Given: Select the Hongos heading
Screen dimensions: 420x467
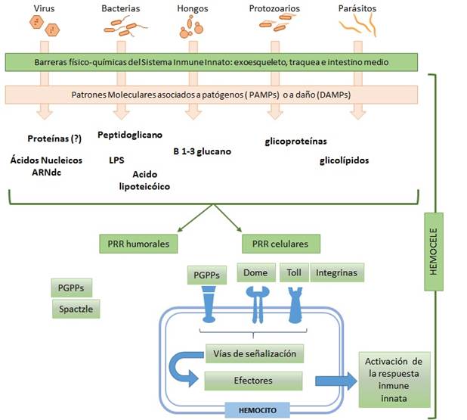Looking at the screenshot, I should point(187,8).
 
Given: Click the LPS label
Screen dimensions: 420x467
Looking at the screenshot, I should point(116,160).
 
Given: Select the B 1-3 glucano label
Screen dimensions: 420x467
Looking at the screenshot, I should point(202,151).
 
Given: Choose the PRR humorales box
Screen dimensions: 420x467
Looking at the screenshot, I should point(138,244).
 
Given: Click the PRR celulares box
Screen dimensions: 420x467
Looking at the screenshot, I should point(280,244).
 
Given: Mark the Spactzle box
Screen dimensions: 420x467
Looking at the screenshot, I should point(76,309).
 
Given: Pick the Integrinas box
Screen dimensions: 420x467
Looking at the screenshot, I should point(336,272).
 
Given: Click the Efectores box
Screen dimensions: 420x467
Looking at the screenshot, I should point(254,379).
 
